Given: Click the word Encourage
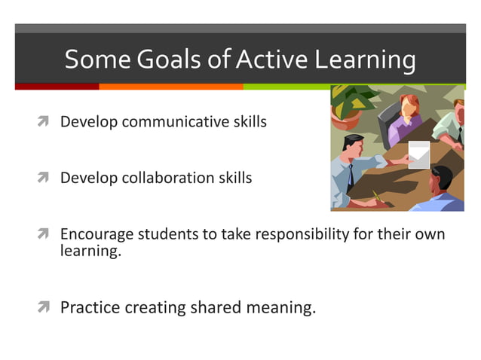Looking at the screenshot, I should coord(96,234).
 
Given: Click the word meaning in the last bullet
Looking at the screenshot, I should coord(283,307).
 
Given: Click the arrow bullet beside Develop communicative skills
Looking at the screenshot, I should coord(46,121).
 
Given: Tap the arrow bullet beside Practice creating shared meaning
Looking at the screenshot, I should coord(46,307).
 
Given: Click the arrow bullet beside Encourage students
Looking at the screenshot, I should coord(46,234).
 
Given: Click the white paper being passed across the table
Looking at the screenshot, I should coord(418,154).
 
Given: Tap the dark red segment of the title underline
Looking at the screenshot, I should coord(57,87).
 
